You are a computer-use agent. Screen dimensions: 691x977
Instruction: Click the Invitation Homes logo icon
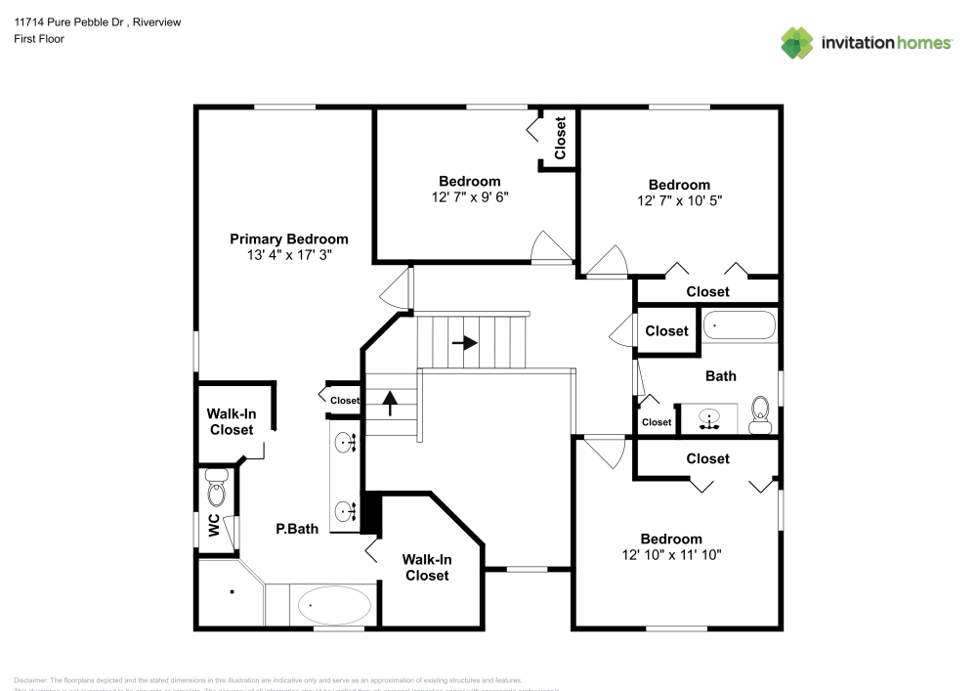pyautogui.click(x=796, y=43)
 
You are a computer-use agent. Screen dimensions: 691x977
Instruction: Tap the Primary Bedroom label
pyautogui.click(x=288, y=238)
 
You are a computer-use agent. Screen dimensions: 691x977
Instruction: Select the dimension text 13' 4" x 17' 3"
pyautogui.click(x=288, y=255)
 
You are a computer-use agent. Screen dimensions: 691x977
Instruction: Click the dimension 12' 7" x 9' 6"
pyautogui.click(x=470, y=197)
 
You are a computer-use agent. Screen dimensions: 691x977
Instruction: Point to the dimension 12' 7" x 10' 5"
pyautogui.click(x=680, y=201)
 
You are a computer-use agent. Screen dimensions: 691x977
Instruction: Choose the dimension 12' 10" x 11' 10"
pyautogui.click(x=671, y=555)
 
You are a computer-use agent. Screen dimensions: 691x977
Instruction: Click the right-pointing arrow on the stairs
pyautogui.click(x=464, y=343)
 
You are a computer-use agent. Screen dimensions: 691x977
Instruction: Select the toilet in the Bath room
pyautogui.click(x=759, y=415)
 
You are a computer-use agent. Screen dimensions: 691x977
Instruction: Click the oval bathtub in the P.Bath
pyautogui.click(x=334, y=606)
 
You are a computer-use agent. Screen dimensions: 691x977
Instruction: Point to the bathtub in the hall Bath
pyautogui.click(x=740, y=325)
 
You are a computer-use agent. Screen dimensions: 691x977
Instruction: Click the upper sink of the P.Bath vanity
pyautogui.click(x=344, y=444)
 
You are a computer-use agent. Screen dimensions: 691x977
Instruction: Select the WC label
pyautogui.click(x=213, y=526)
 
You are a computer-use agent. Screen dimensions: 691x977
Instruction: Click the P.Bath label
pyautogui.click(x=297, y=529)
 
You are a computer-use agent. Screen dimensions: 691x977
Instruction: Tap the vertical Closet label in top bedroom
pyautogui.click(x=560, y=139)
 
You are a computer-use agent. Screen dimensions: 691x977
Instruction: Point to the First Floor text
pyautogui.click(x=39, y=39)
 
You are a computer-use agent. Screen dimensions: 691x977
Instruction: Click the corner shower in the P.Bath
pyautogui.click(x=230, y=592)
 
